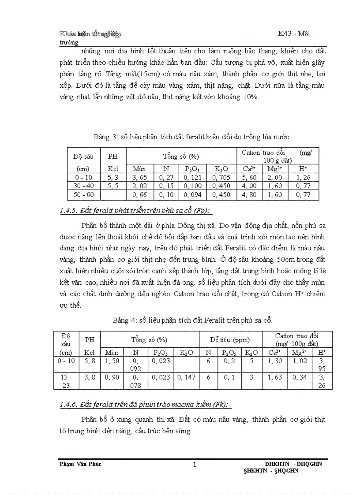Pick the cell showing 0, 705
point(221,177)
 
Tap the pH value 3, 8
point(90,377)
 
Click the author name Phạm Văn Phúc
point(80,464)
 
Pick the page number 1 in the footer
point(194,465)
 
